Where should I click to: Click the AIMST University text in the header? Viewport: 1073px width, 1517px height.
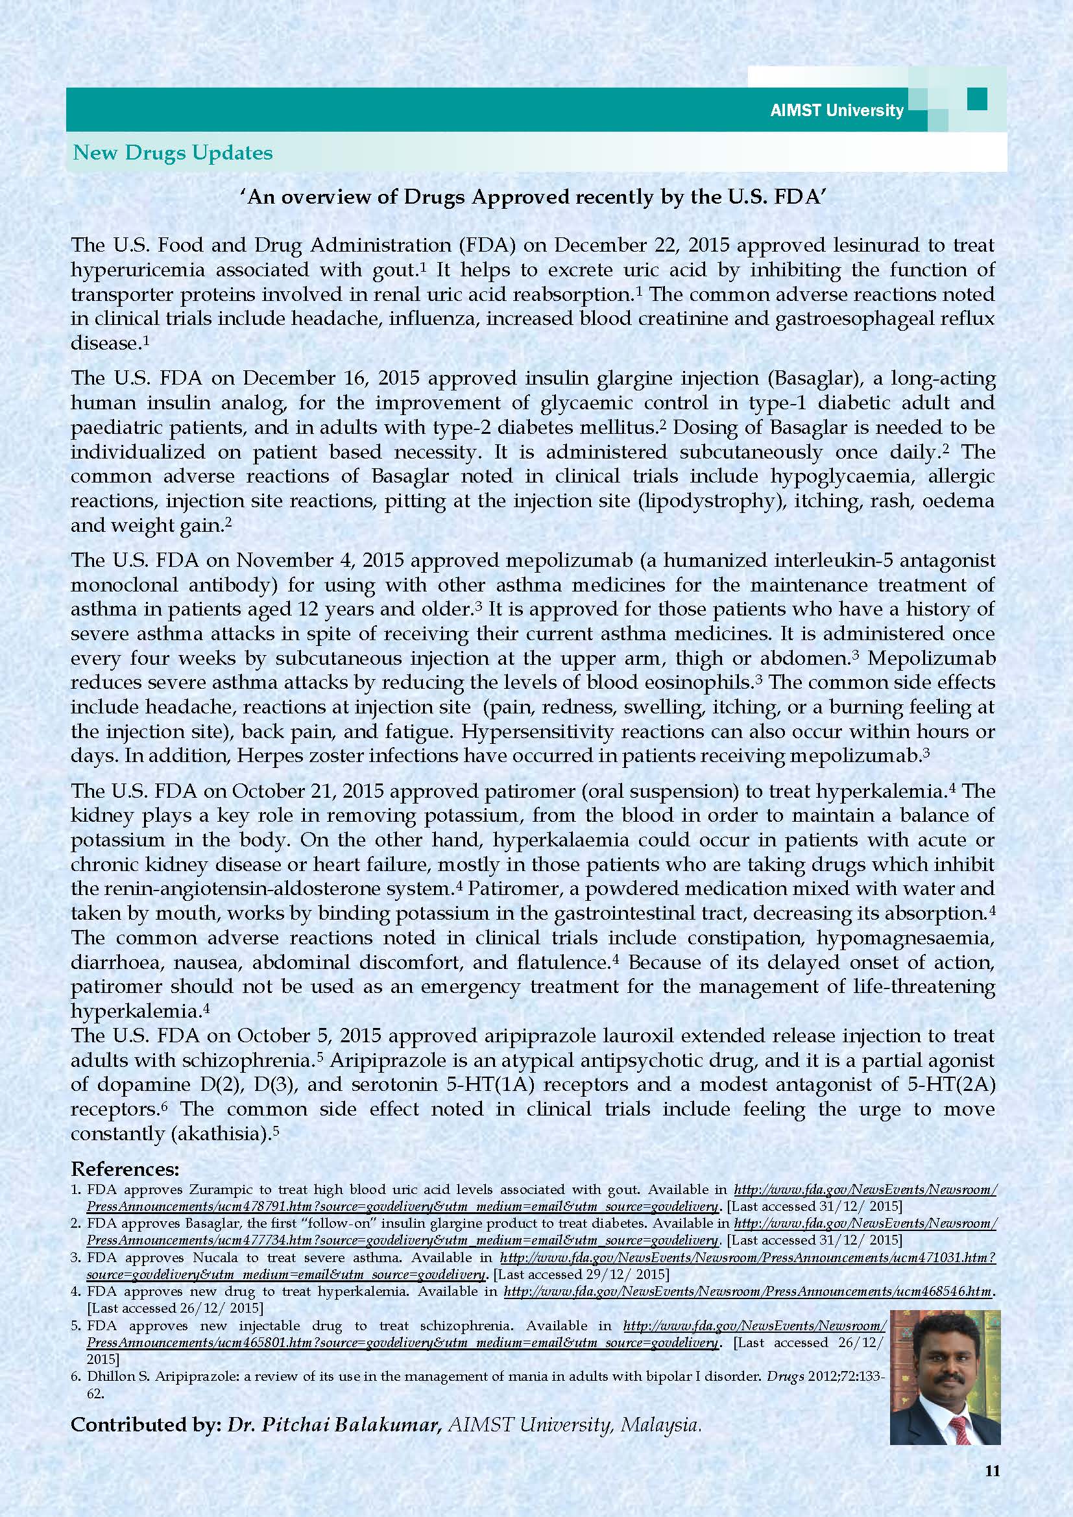pos(836,110)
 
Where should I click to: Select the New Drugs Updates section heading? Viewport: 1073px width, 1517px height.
pos(173,152)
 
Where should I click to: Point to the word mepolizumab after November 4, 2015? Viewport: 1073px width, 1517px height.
pos(581,560)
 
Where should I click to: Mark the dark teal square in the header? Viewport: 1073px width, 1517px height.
pos(976,99)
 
